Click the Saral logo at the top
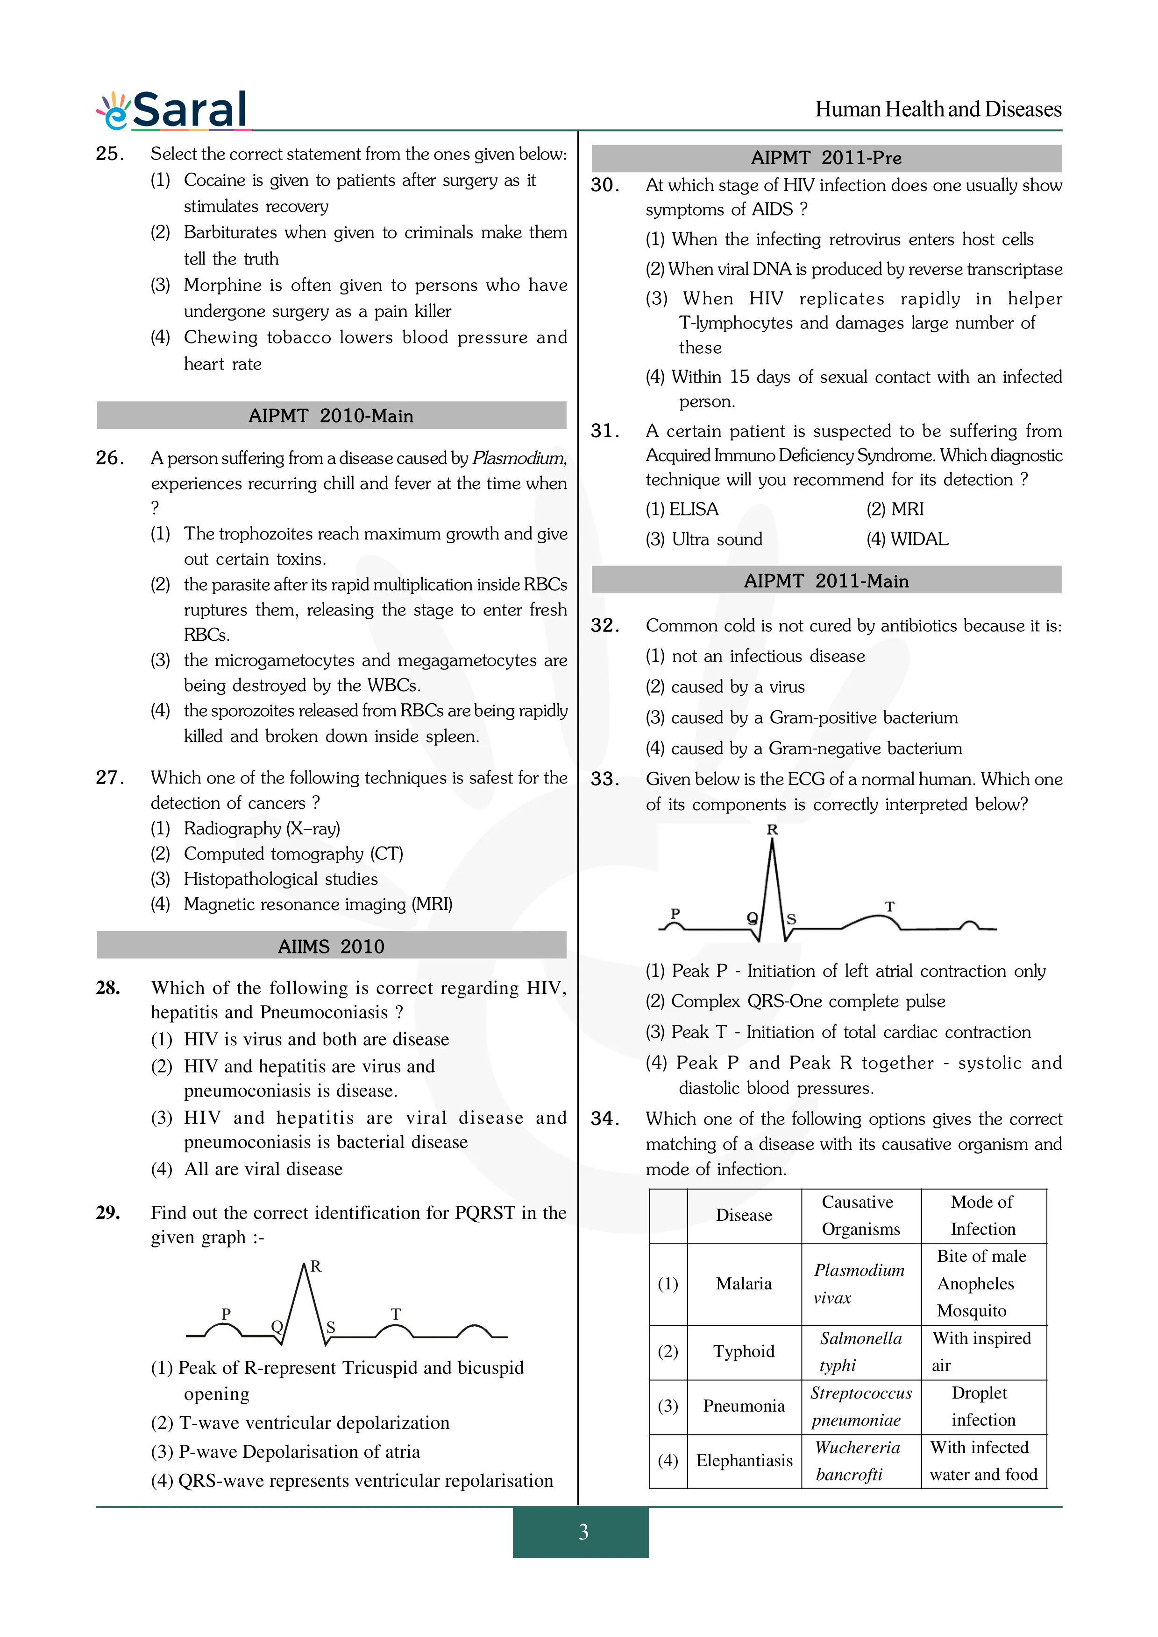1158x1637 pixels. (x=173, y=111)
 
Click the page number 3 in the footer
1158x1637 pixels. (x=583, y=1532)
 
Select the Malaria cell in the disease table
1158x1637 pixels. (x=744, y=1283)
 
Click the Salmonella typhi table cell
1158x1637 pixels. (x=860, y=1351)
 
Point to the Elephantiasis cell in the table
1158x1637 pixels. (x=744, y=1460)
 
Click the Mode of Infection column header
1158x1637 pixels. (x=982, y=1215)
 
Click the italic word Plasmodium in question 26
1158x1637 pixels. (x=519, y=458)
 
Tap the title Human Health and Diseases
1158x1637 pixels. (x=938, y=109)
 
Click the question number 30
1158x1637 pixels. (x=605, y=185)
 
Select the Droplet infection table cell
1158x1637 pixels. (x=982, y=1406)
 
